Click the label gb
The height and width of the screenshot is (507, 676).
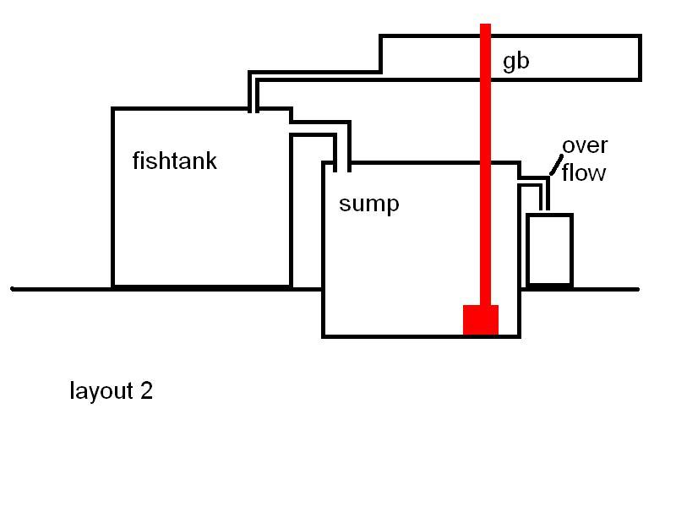click(x=515, y=63)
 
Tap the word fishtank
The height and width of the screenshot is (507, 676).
click(x=174, y=161)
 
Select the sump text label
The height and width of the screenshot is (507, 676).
click(x=368, y=204)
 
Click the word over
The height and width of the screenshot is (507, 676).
click(x=585, y=145)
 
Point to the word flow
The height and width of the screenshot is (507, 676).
click(x=584, y=173)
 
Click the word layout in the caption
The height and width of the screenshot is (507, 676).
click(x=101, y=391)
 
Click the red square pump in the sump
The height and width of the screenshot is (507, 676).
click(x=480, y=319)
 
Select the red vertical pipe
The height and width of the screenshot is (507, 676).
click(x=485, y=169)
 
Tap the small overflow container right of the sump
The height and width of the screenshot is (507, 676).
click(x=549, y=250)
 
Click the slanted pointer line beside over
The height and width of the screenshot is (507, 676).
click(x=555, y=166)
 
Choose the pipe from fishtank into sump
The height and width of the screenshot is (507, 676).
click(x=319, y=127)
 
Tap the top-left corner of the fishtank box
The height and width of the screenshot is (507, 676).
click(x=113, y=109)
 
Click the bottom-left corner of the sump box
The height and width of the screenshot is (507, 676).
click(x=324, y=335)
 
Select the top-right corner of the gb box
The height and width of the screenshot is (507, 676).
click(x=639, y=37)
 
